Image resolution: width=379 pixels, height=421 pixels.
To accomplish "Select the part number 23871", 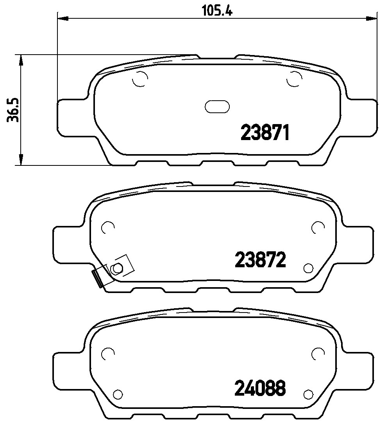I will (265, 133).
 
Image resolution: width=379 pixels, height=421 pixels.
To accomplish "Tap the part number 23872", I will (261, 259).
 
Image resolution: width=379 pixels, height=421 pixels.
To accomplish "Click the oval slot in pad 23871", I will (217, 106).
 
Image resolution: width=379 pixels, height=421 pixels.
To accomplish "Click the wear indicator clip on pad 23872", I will (99, 278).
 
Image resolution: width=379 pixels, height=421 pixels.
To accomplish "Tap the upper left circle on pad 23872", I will (107, 227).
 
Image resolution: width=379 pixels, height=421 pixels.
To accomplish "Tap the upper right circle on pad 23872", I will (318, 227).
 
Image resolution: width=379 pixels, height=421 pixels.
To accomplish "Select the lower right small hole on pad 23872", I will (308, 268).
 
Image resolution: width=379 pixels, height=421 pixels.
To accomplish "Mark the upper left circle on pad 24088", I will (107, 353).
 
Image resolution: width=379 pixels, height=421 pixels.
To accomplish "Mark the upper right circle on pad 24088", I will (318, 353).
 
